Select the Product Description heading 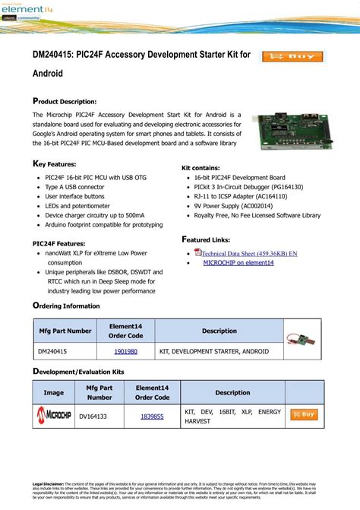pos(65,101)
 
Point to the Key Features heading pos(55,164)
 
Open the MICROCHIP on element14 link pos(238,262)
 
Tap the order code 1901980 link pos(125,352)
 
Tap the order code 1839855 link pos(152,416)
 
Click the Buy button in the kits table pos(303,415)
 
